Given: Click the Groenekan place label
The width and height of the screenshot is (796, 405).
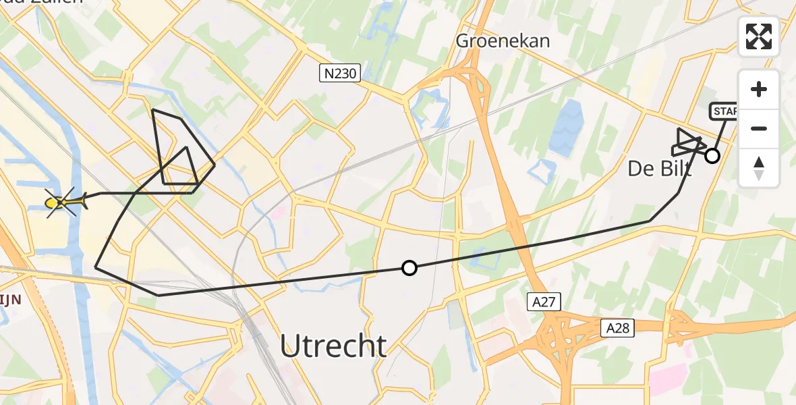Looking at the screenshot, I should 503,40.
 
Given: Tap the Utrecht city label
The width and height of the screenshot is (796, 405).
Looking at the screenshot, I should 333,346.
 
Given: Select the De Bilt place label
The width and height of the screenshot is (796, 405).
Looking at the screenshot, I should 659,169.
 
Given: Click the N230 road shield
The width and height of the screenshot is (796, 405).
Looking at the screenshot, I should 340,73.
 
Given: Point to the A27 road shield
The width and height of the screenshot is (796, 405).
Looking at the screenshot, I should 543,302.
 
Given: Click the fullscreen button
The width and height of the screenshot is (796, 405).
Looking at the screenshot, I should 759,36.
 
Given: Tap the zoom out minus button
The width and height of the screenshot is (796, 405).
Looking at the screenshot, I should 759,128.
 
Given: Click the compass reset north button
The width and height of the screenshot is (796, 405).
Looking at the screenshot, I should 759,168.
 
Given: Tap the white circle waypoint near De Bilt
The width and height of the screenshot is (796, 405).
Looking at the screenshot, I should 712,157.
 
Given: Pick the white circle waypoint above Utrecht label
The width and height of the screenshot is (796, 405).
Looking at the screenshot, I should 409,268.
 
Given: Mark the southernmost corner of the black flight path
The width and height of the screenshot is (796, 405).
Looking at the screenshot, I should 159,295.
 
